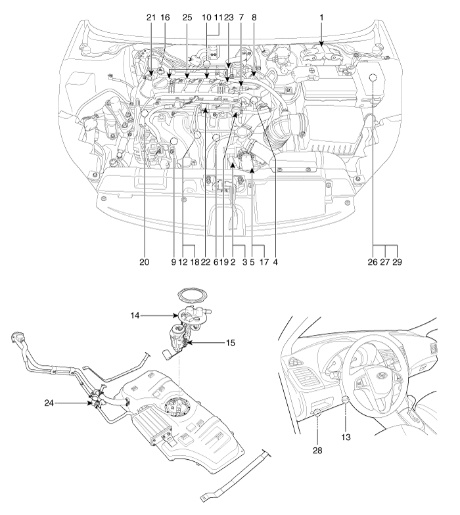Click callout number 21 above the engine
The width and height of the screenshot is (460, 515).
[x=151, y=17]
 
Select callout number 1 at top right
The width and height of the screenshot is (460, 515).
[x=322, y=17]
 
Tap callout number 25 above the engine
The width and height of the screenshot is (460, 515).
[x=187, y=17]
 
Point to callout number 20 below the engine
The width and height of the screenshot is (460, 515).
[x=145, y=261]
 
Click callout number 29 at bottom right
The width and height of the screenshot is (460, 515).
[x=397, y=261]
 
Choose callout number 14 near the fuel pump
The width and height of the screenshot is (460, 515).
[x=135, y=315]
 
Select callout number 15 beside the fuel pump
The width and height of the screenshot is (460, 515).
[x=231, y=343]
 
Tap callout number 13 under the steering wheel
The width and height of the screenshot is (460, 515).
[x=346, y=437]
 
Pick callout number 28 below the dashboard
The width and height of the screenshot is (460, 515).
[x=317, y=451]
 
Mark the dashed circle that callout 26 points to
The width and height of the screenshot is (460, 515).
[x=372, y=78]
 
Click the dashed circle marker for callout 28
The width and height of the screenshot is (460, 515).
[x=317, y=413]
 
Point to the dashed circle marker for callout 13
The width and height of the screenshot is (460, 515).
[x=346, y=399]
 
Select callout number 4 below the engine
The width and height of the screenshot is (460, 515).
[x=275, y=261]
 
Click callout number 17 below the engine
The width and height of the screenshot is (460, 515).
[x=264, y=261]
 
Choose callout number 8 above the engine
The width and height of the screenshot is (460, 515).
[x=254, y=17]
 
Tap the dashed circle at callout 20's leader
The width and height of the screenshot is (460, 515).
[x=145, y=114]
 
